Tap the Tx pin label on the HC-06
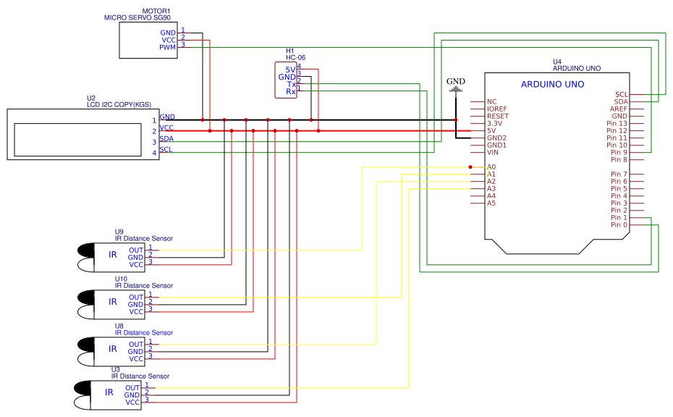tap(291, 85)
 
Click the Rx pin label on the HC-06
tap(291, 92)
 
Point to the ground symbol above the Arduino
tap(456, 90)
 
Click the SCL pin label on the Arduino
tap(621, 94)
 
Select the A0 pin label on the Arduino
tap(491, 167)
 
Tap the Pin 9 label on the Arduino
tap(619, 152)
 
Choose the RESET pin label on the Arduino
tap(497, 116)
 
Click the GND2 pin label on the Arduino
tap(496, 138)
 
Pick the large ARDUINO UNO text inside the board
tap(552, 85)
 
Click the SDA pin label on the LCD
tap(166, 138)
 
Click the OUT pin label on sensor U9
tap(136, 250)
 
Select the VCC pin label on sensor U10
tap(136, 312)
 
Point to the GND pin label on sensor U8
tap(136, 351)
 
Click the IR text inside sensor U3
tap(109, 392)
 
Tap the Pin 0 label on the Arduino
tap(619, 224)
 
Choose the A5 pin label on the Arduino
tap(491, 203)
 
